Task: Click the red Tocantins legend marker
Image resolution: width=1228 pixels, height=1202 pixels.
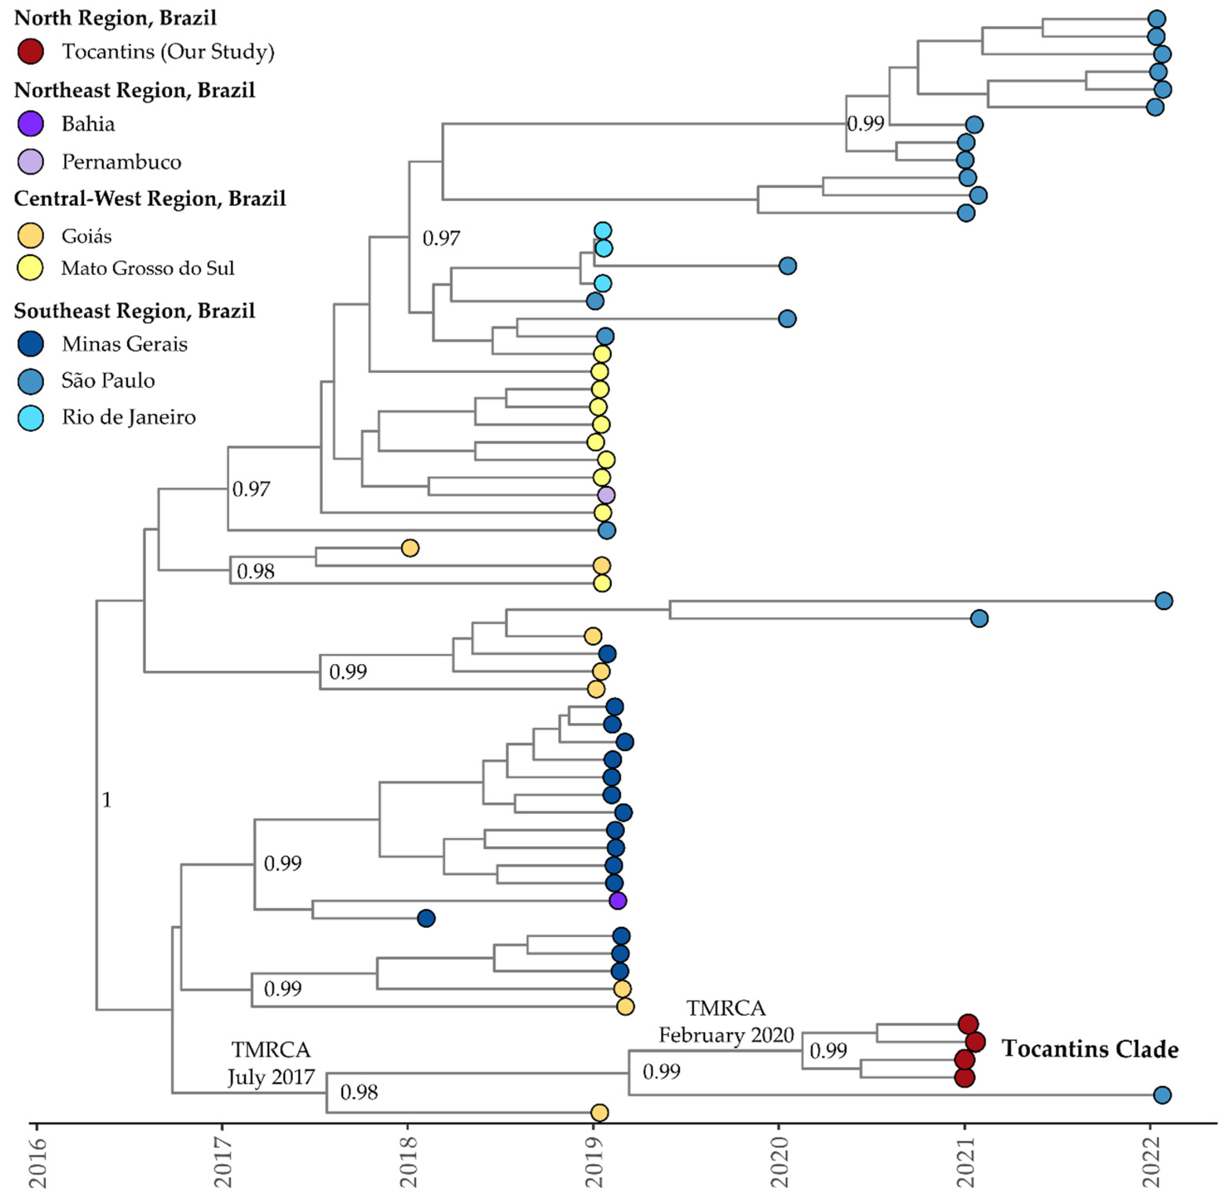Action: [30, 51]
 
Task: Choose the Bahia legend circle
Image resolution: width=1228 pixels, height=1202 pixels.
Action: [30, 124]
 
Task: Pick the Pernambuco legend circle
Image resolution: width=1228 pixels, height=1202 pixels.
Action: [30, 162]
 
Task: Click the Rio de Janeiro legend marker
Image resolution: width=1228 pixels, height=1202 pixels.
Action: [30, 417]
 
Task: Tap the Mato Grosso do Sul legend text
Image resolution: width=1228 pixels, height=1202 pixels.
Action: [147, 268]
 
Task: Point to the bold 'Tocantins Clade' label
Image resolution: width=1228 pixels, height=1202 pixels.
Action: [1090, 1049]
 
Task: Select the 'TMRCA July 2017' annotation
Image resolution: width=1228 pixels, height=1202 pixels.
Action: [271, 1063]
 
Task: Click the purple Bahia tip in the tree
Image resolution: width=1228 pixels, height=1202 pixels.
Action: [617, 900]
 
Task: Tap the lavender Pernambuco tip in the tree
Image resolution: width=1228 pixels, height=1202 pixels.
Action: [606, 495]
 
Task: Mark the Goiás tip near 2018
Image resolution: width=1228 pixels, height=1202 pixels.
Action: [410, 548]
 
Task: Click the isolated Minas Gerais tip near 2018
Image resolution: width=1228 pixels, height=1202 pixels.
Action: [426, 918]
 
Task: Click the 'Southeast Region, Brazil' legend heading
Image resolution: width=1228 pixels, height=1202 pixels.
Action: [135, 311]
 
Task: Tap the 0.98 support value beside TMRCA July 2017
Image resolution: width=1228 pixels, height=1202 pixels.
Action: [359, 1092]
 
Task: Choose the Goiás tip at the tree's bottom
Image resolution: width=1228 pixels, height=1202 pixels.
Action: [599, 1112]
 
